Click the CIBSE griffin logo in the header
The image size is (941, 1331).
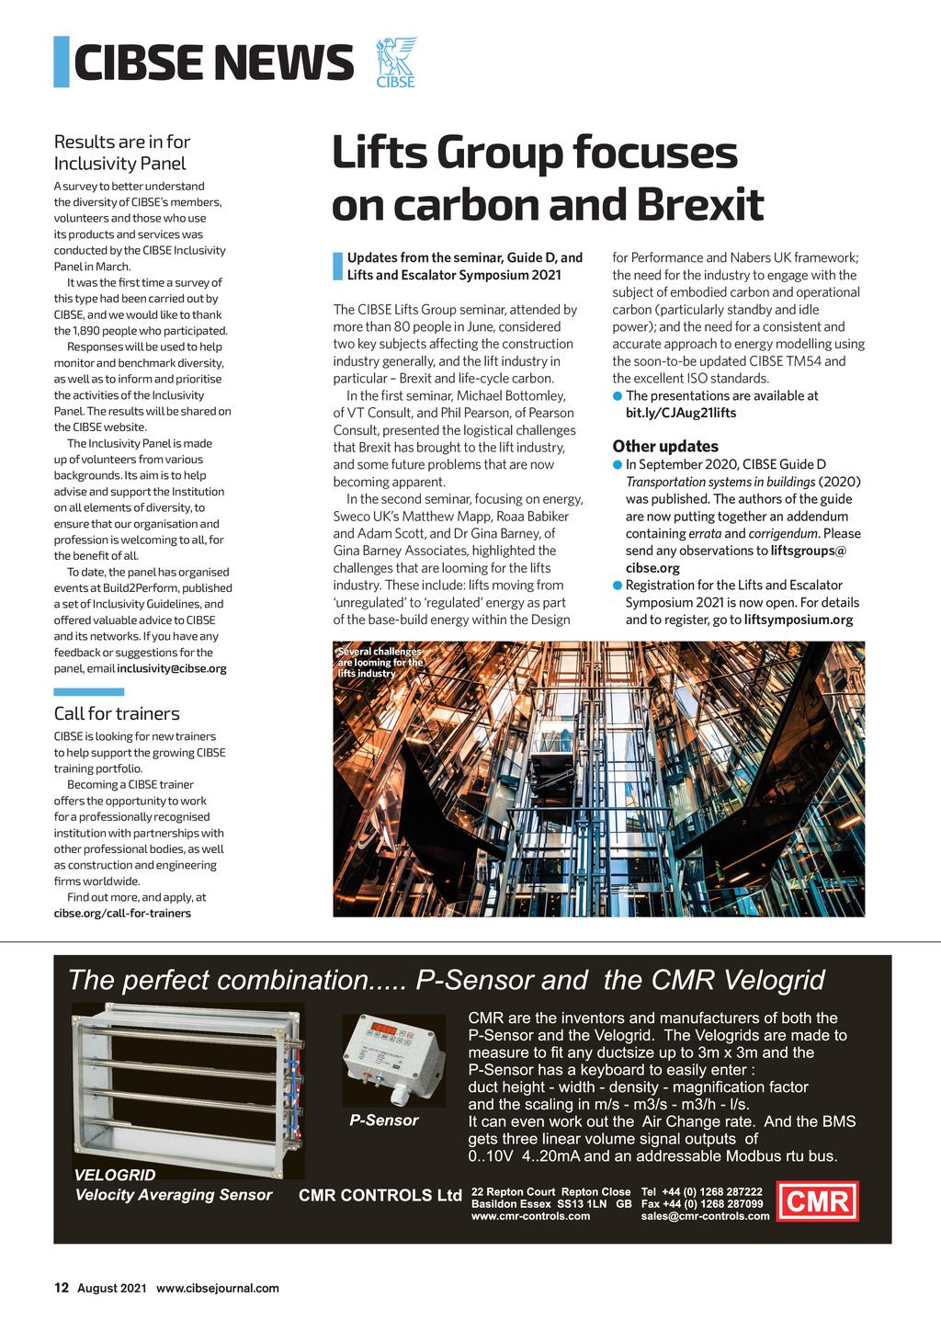pos(396,62)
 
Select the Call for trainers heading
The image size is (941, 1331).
pos(117,713)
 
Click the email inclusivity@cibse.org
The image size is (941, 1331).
pos(172,668)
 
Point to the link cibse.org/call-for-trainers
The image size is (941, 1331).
pos(122,913)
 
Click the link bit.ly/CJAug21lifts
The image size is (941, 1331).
pos(681,413)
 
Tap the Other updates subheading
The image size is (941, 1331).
pos(665,446)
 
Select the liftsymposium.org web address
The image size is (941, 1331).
pos(799,620)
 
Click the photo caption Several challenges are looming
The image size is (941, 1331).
pos(380,662)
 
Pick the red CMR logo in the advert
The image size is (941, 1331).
pos(818,1200)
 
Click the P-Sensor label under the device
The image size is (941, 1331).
pos(384,1121)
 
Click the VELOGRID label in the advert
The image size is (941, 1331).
pos(115,1175)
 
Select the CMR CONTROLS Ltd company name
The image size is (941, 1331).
pos(380,1195)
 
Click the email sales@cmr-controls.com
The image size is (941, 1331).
pos(705,1216)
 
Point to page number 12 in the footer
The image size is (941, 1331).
pos(62,1288)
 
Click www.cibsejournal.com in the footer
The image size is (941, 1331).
pos(218,1288)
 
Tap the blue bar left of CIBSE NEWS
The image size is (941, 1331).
pos(62,62)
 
